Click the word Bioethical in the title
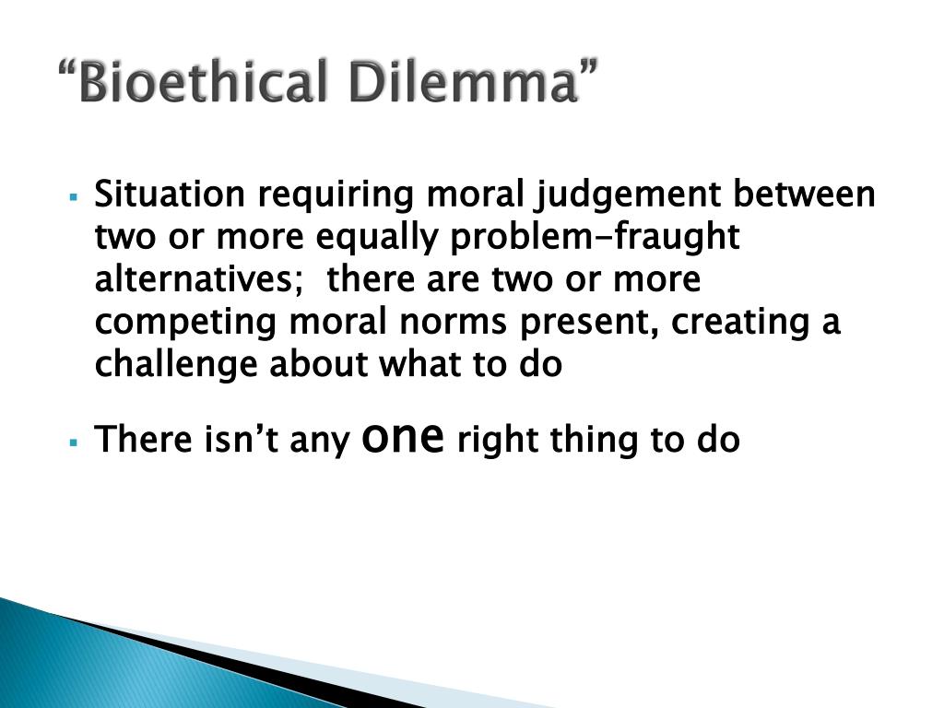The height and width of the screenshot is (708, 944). pos(204,81)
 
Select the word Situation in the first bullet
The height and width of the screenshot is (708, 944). pos(170,194)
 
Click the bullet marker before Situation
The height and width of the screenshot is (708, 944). pos(74,197)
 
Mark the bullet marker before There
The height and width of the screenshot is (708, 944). pos(74,442)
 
